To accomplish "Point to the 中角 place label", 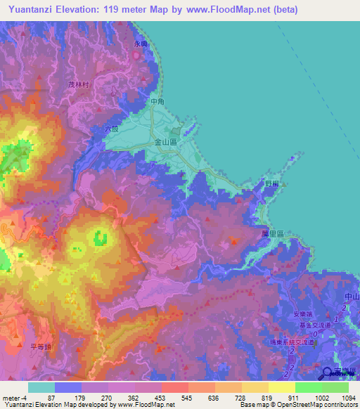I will pyautogui.click(x=157, y=103).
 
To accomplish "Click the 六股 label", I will pyautogui.click(x=111, y=129).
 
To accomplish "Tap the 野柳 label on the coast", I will pyautogui.click(x=273, y=183).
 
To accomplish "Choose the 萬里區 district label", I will pyautogui.click(x=271, y=233).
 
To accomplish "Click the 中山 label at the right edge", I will pyautogui.click(x=352, y=298).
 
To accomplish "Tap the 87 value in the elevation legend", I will pyautogui.click(x=51, y=398).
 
